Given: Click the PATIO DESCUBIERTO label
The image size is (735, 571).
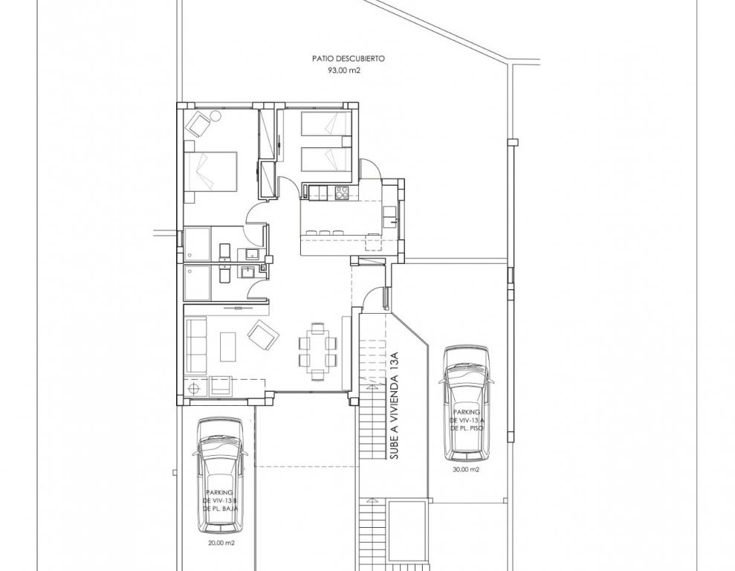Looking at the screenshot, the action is [x=349, y=59].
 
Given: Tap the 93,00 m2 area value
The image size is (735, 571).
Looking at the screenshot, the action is [x=344, y=71].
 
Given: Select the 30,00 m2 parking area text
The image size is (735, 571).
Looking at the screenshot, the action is [x=467, y=469].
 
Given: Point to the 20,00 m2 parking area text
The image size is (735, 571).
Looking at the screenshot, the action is [x=221, y=543].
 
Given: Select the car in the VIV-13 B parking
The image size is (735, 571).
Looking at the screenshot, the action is [x=220, y=476].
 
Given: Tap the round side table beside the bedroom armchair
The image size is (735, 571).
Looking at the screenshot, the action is [x=216, y=115].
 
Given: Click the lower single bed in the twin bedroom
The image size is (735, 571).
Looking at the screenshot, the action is [x=326, y=160].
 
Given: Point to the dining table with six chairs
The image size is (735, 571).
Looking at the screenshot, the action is [x=318, y=351].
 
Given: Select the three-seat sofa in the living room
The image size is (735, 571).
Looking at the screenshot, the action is [x=196, y=346].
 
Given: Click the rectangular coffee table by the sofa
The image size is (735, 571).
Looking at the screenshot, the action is [x=228, y=346].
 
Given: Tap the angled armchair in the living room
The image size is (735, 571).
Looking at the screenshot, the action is [x=263, y=335].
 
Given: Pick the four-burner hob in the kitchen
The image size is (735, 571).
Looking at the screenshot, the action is [x=342, y=193].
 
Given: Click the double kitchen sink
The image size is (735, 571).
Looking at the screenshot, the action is [x=389, y=218].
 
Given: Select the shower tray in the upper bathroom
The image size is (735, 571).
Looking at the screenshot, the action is [x=198, y=244].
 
